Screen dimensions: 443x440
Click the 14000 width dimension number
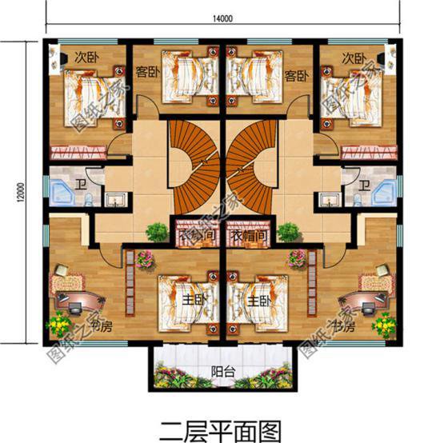pyautogui.click(x=223, y=18)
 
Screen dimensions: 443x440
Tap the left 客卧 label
pyautogui.click(x=146, y=78)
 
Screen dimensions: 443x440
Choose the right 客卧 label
pyautogui.click(x=296, y=78)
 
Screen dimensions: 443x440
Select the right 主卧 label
pyautogui.click(x=257, y=301)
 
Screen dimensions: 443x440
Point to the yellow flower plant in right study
pyautogui.click(x=386, y=325)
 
